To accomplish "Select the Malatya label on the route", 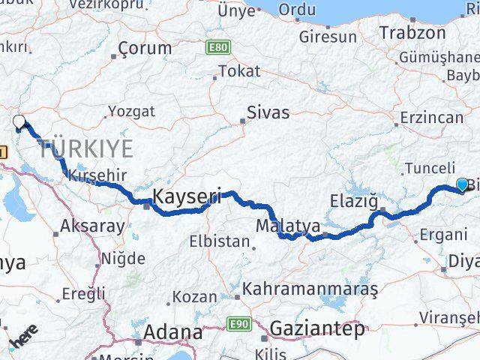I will (288, 225).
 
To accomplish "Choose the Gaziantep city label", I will (318, 328).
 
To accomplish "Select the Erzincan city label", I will (432, 118).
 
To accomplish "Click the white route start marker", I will (19, 122).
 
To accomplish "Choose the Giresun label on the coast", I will (327, 36).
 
